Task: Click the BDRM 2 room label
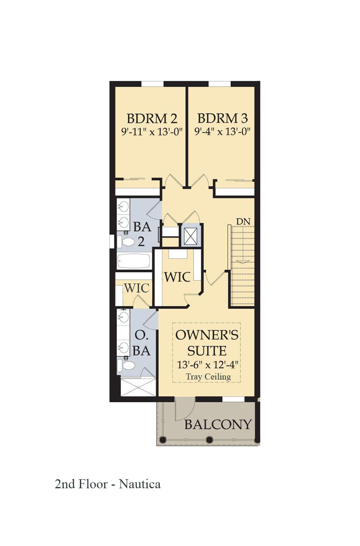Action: (x=151, y=118)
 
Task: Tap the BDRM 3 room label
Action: (x=222, y=118)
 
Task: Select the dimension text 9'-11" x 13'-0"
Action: (x=151, y=132)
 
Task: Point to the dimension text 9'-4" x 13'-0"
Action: (x=222, y=132)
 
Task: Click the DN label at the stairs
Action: (x=243, y=222)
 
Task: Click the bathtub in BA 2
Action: (x=134, y=261)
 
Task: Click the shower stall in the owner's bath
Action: (x=138, y=387)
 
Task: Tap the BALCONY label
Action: (x=218, y=424)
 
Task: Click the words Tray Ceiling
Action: (x=208, y=376)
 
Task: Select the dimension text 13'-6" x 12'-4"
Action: (x=207, y=364)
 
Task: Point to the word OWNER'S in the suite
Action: (x=207, y=335)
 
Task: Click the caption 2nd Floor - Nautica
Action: (x=108, y=484)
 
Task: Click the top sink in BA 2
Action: (x=123, y=206)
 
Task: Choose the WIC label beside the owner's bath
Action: (x=136, y=288)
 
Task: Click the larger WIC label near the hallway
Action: (x=177, y=277)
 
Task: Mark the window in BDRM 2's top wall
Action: (x=153, y=84)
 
